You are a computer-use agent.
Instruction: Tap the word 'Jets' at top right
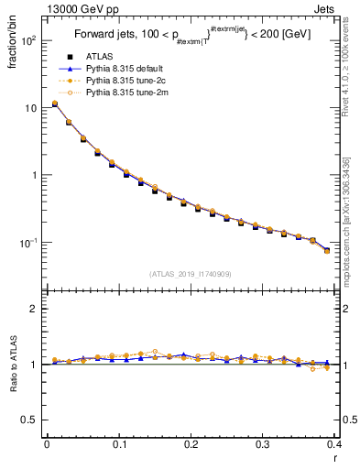click(x=326, y=7)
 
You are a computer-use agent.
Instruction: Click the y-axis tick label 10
click(x=31, y=108)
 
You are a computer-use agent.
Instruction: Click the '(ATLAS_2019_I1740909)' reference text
click(x=191, y=274)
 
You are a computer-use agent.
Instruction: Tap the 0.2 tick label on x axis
click(x=191, y=444)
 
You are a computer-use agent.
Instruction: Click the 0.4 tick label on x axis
click(x=333, y=444)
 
